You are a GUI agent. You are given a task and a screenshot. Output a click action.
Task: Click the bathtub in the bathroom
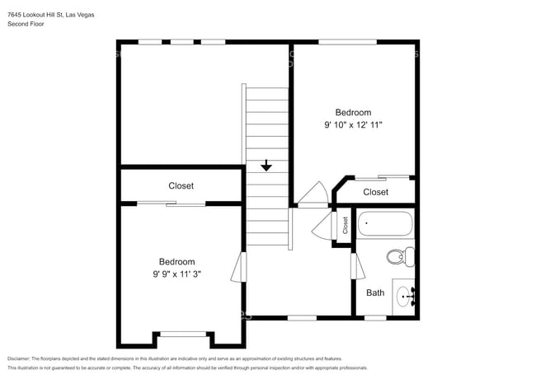tap(385, 223)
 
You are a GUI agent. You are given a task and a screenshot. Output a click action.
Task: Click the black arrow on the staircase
tap(266, 166)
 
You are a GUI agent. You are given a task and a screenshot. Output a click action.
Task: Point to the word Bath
tap(375, 292)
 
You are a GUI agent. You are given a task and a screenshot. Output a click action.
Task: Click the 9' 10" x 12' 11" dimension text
tap(353, 125)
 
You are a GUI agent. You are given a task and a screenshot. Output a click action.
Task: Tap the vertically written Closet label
tap(346, 225)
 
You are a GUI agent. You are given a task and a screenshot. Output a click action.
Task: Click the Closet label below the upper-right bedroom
tap(375, 192)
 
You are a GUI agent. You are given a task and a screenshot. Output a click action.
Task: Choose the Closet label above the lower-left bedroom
tap(181, 186)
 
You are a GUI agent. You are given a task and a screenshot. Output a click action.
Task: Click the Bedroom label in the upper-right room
tap(353, 113)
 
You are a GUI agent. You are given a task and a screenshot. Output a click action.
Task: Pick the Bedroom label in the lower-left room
tap(177, 262)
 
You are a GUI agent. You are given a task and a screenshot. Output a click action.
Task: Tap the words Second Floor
tap(26, 24)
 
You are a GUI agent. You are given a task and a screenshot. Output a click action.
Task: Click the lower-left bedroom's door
tap(240, 266)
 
